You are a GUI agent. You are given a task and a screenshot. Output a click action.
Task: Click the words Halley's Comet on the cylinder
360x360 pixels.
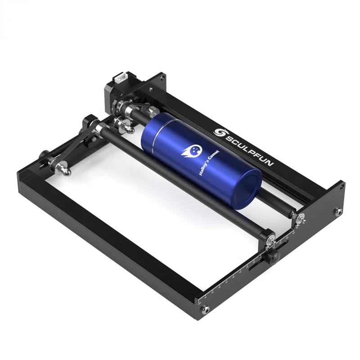click(209, 163)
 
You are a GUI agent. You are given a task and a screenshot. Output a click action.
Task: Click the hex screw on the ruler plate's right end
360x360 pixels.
click(337, 211)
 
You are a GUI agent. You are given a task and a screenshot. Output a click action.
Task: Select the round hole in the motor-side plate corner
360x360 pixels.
click(162, 78)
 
